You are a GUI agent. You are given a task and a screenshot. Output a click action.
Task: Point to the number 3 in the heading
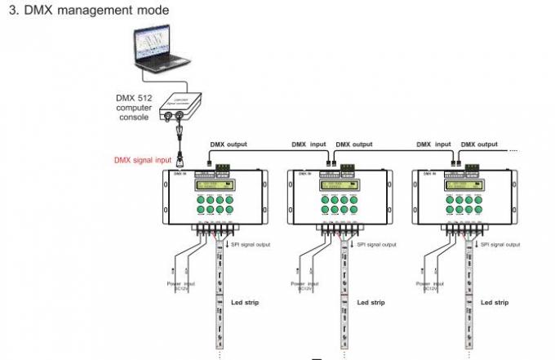click(12, 11)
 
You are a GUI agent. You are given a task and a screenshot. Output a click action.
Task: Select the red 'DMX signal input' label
click(142, 161)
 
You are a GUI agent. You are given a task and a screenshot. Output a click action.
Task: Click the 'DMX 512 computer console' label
click(132, 108)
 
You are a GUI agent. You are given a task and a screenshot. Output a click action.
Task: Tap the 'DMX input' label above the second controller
click(309, 144)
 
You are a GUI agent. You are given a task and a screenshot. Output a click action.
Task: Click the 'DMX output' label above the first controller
click(229, 144)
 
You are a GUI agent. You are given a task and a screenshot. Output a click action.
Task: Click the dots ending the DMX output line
click(513, 150)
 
